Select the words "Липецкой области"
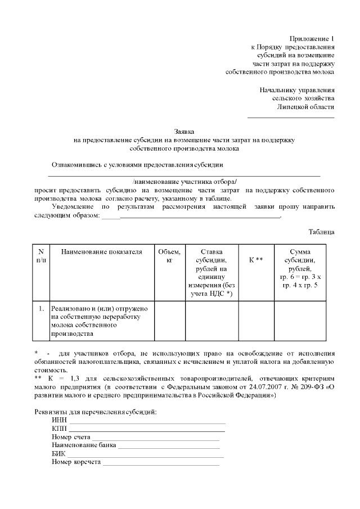coord(306,107)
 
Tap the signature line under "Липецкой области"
coord(291,118)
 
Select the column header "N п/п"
coord(41,256)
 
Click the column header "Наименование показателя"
coord(102,252)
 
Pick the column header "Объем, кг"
coord(169,256)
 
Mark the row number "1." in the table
coord(41,309)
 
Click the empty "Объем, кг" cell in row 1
coord(169,321)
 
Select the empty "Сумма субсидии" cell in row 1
coord(299,321)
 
